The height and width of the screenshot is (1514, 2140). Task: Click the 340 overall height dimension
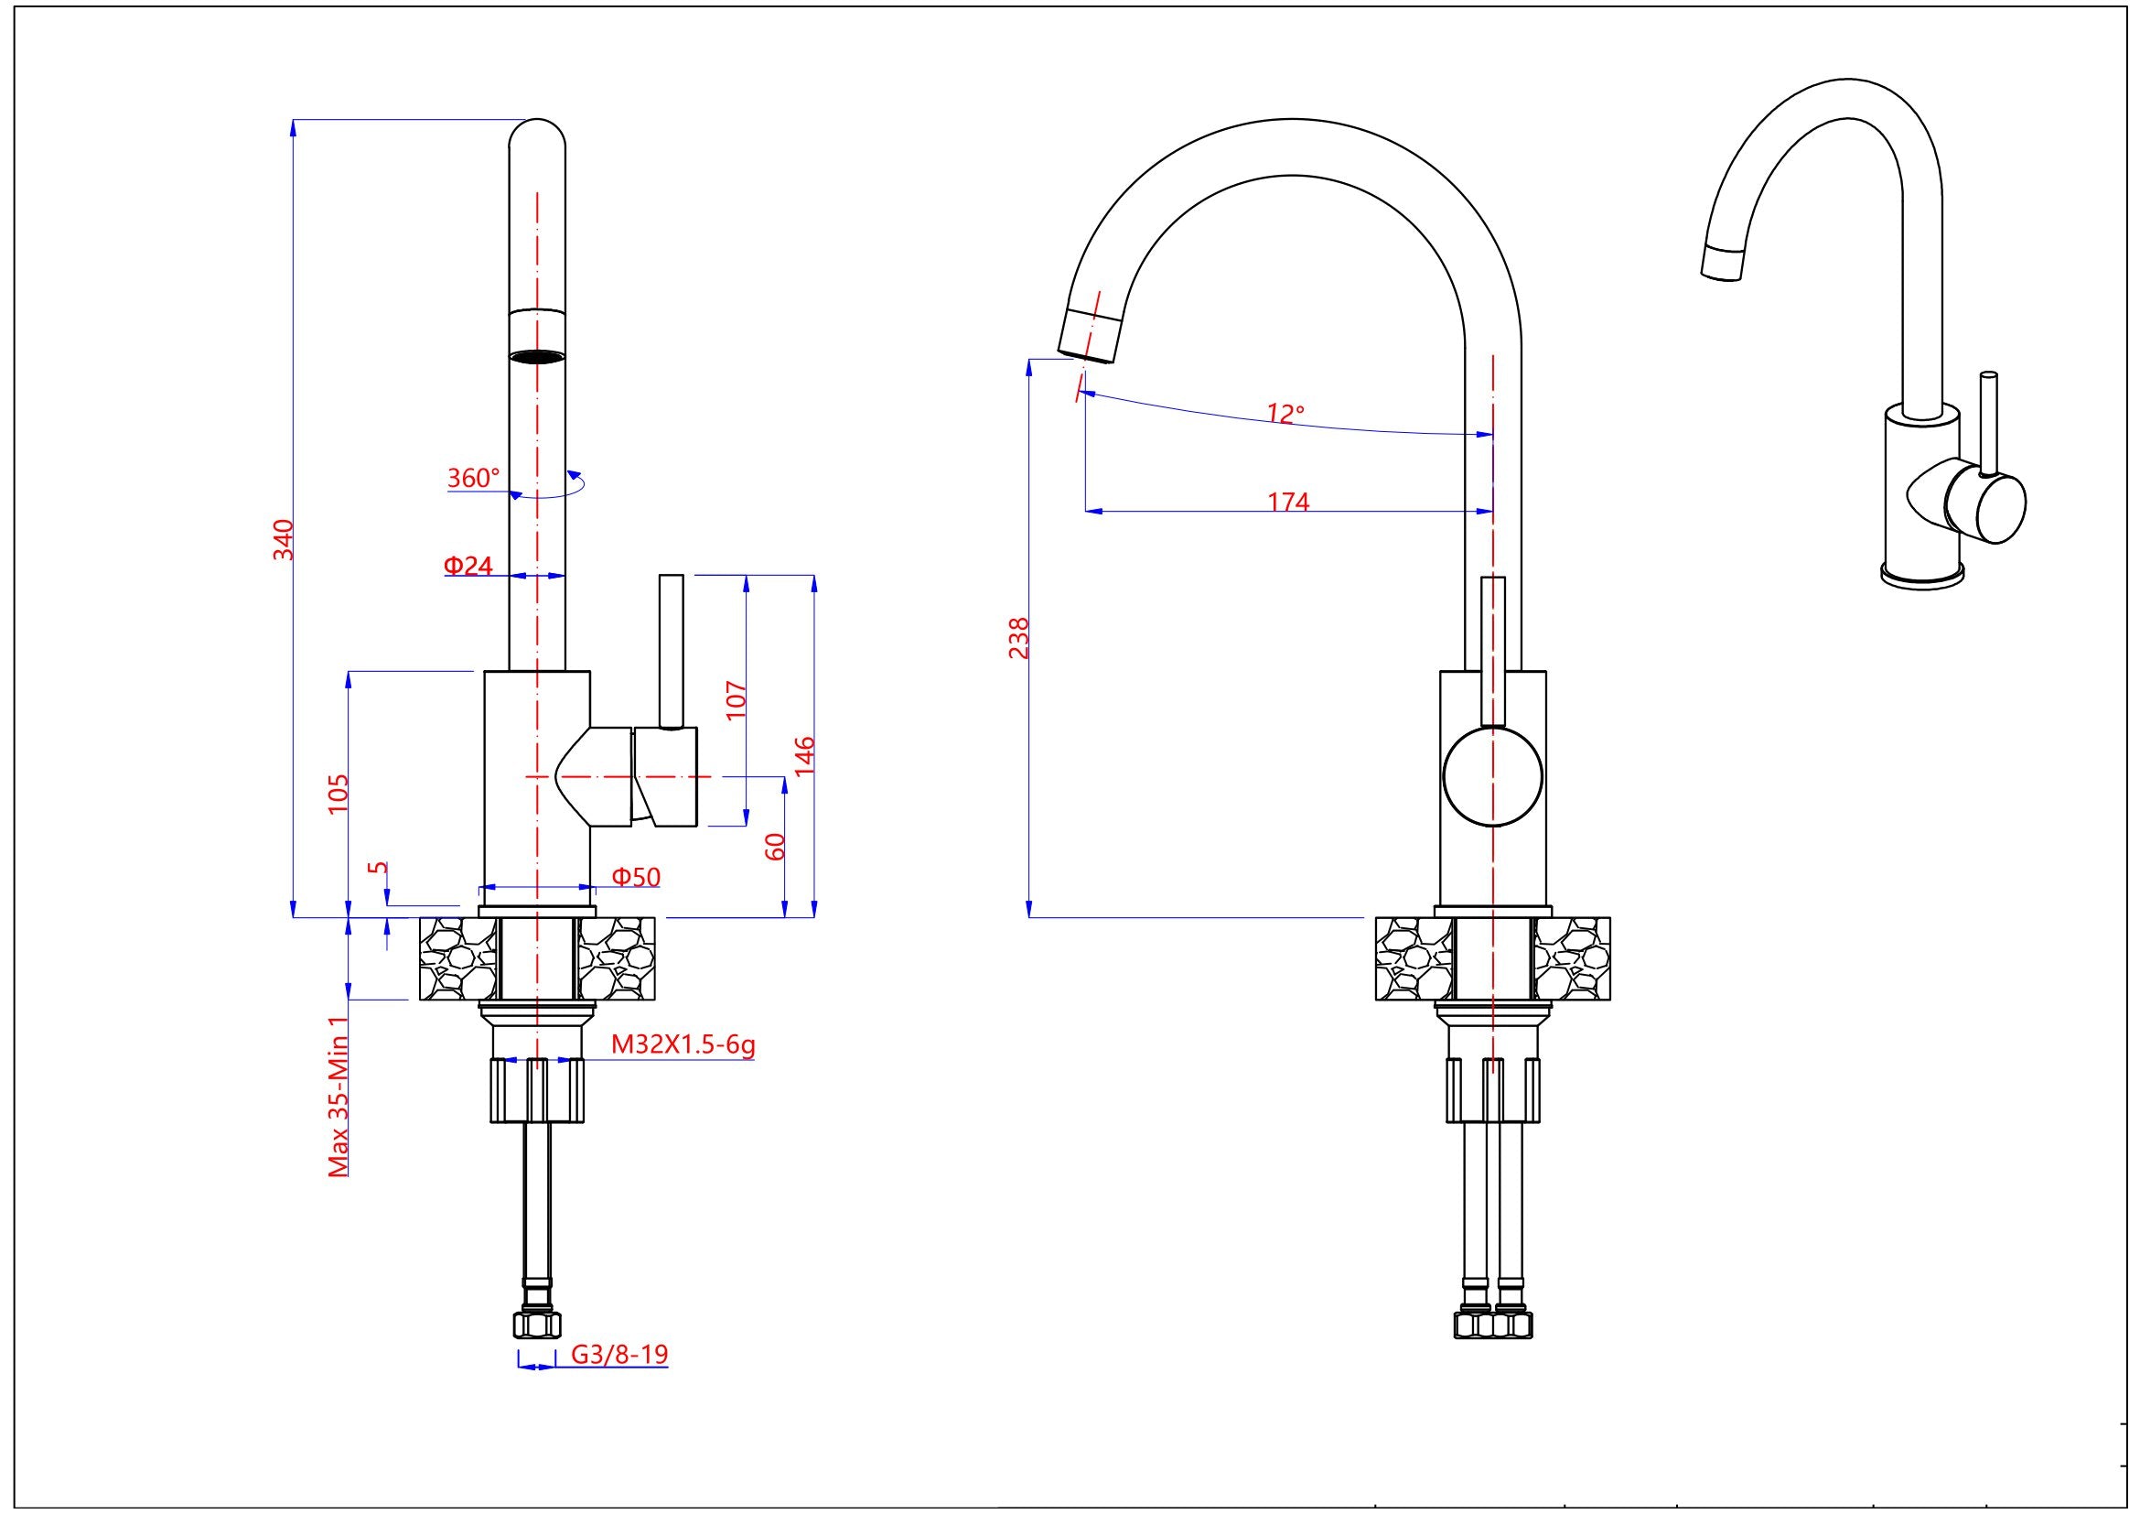coord(284,540)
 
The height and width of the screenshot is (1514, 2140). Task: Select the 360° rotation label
coord(474,478)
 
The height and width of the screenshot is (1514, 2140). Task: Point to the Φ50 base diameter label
coord(637,876)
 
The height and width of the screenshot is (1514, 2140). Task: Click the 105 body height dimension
coord(339,793)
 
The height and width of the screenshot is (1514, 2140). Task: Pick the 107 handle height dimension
coord(737,699)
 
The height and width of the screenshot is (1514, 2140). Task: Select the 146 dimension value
coord(805,755)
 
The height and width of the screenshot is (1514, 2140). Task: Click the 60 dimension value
coord(776,847)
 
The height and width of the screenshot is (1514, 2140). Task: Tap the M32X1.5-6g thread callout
coord(683,1044)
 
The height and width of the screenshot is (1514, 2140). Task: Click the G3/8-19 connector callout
coord(619,1354)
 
